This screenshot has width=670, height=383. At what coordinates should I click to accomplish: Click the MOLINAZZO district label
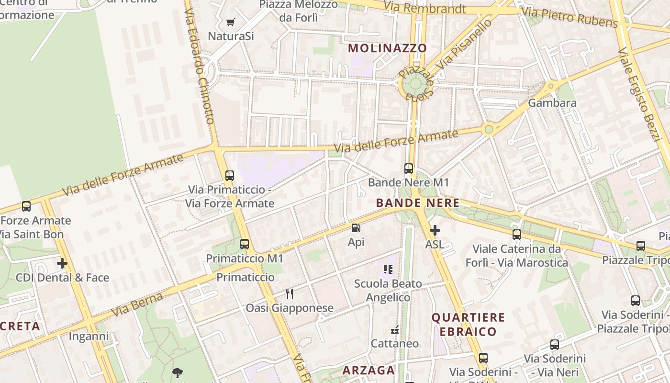tap(387, 48)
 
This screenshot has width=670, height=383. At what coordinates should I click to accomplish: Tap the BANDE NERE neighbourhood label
tap(417, 203)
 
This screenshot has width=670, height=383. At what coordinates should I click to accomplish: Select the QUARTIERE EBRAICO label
tap(468, 324)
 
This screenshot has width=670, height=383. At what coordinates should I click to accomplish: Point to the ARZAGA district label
tap(368, 370)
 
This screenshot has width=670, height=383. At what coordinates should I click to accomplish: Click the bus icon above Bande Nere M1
tap(408, 169)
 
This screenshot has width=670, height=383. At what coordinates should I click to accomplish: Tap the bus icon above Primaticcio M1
tap(245, 244)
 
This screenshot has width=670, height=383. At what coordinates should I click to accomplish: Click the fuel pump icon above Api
tap(356, 228)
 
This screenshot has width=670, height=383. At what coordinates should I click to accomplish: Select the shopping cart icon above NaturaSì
tap(230, 22)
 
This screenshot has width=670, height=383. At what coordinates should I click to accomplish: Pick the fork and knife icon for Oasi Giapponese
tap(289, 293)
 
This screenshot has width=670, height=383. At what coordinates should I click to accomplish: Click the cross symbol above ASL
tap(435, 230)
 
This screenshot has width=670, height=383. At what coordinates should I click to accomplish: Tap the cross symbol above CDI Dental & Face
tap(62, 263)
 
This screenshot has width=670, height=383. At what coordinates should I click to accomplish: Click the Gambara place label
tap(552, 103)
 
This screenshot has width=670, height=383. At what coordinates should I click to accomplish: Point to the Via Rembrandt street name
tap(424, 8)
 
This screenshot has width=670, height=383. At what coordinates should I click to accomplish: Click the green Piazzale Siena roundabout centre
tap(413, 85)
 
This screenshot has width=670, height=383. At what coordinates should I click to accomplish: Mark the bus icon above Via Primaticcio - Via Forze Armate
tap(230, 176)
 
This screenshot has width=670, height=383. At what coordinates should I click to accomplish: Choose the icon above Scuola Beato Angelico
tap(388, 270)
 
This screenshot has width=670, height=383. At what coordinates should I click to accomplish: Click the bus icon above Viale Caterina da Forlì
tap(517, 235)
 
